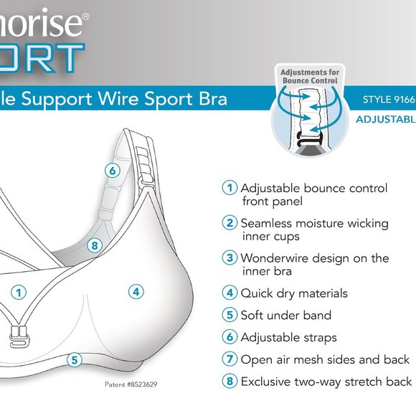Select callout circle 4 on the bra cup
coord(136,292)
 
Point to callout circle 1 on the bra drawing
coord(19,292)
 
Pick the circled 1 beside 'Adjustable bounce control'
coord(230,188)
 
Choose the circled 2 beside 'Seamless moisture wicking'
coord(230,223)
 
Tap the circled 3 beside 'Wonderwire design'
coord(230,257)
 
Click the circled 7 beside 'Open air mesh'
coord(230,359)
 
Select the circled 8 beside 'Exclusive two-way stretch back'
coord(230,382)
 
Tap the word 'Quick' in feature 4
coord(256,293)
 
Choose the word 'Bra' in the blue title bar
coord(212,98)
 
